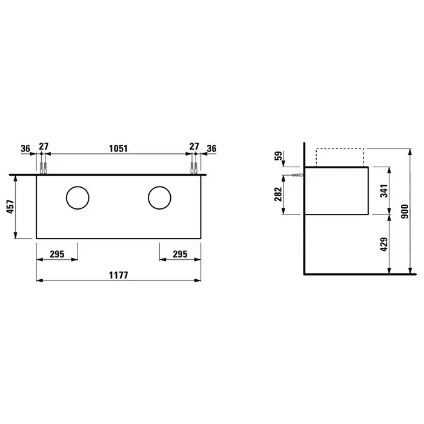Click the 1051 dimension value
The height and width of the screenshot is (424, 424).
pyautogui.click(x=118, y=148)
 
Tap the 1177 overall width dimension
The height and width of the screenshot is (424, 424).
pyautogui.click(x=119, y=275)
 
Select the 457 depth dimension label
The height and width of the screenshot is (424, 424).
pyautogui.click(x=10, y=207)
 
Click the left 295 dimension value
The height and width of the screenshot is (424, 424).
pyautogui.click(x=57, y=254)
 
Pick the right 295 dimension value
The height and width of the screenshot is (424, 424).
pyautogui.click(x=180, y=254)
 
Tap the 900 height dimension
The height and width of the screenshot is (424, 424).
pyautogui.click(x=405, y=211)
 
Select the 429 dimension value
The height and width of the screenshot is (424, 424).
pyautogui.click(x=384, y=244)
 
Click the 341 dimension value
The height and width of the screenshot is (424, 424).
pyautogui.click(x=384, y=191)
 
